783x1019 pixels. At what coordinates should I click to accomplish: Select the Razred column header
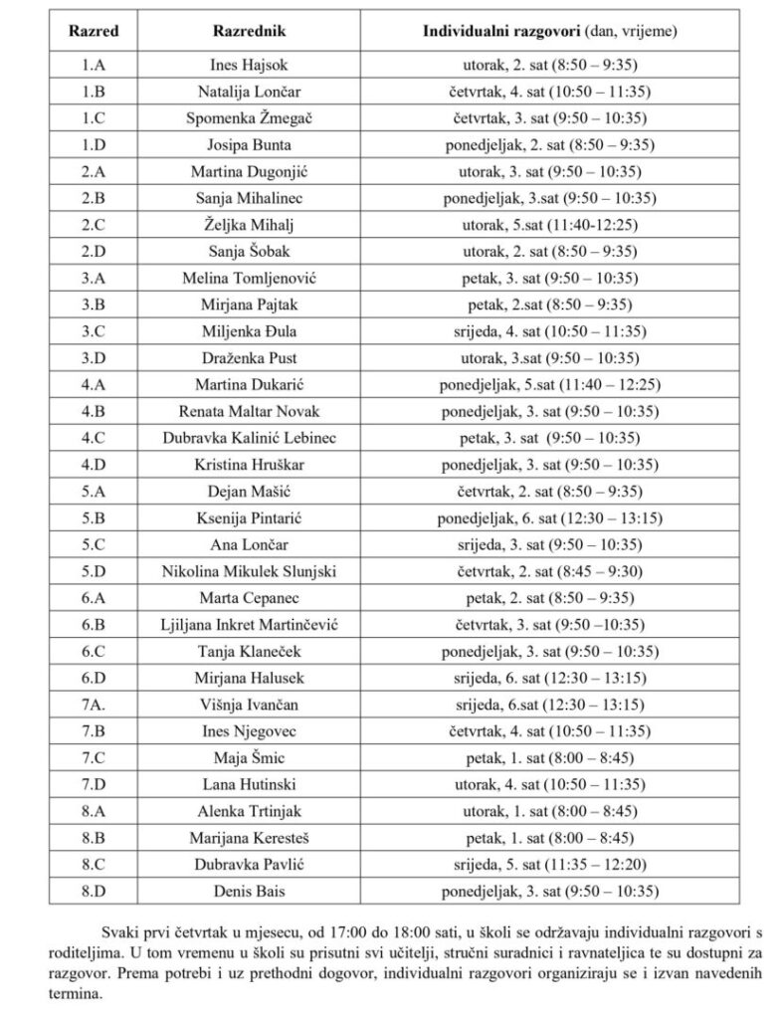click(94, 31)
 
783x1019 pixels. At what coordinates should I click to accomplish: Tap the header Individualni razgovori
click(550, 31)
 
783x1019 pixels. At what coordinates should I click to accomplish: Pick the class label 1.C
click(94, 118)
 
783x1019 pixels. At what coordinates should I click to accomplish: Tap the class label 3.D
click(94, 357)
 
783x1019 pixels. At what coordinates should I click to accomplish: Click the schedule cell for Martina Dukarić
click(550, 383)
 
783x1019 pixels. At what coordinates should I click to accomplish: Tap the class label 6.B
click(94, 624)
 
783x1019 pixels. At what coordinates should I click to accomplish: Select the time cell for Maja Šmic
click(550, 758)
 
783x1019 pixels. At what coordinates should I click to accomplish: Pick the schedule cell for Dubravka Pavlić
click(550, 864)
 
